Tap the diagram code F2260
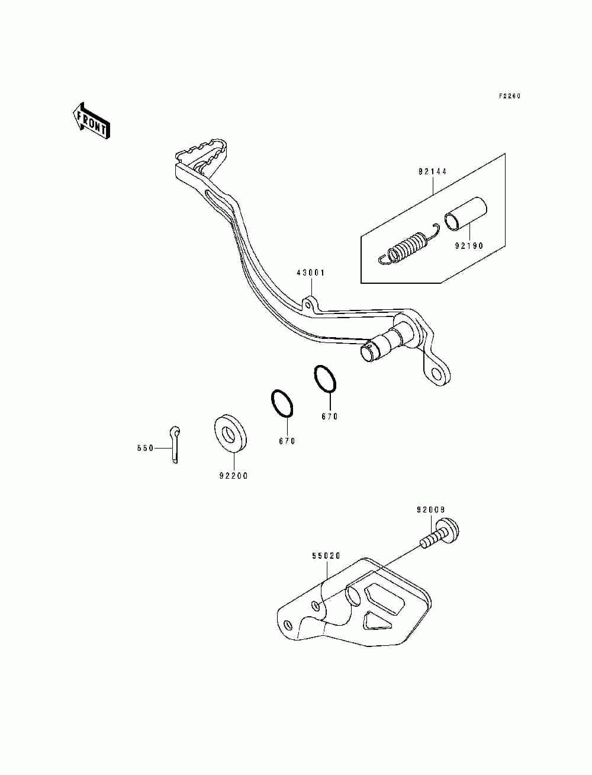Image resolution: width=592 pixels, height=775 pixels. [509, 96]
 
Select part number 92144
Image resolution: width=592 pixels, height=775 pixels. [432, 172]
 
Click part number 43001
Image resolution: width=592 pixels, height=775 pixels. [311, 273]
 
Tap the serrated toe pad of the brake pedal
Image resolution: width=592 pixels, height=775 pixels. [202, 150]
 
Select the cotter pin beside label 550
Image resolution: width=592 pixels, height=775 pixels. [175, 444]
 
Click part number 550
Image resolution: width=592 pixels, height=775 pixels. [145, 448]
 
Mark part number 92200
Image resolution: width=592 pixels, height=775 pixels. [233, 475]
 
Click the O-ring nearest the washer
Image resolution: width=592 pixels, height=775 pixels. [283, 404]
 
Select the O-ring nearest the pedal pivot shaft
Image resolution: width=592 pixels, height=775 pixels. [325, 379]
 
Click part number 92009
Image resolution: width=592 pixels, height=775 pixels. [430, 510]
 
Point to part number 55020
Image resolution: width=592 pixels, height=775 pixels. [326, 556]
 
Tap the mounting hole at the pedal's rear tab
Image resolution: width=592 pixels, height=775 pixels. [437, 374]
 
